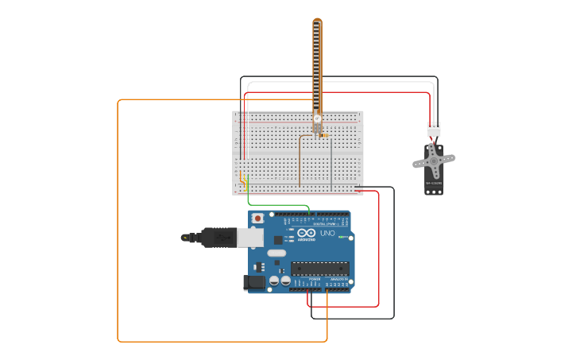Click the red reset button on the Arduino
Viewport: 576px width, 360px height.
coord(257,218)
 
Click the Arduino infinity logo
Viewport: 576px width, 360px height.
coord(307,234)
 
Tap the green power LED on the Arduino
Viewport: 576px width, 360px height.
coord(341,237)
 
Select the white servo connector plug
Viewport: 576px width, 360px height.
coord(434,130)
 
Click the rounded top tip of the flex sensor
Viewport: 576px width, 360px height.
coord(318,21)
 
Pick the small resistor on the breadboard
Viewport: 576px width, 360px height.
coord(324,135)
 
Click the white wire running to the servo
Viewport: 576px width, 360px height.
coord(342,82)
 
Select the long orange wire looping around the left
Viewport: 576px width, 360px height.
coord(118,223)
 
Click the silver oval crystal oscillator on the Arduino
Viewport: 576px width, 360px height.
coord(276,254)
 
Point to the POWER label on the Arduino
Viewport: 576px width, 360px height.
coord(315,279)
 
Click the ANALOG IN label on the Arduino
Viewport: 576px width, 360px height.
coord(338,279)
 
